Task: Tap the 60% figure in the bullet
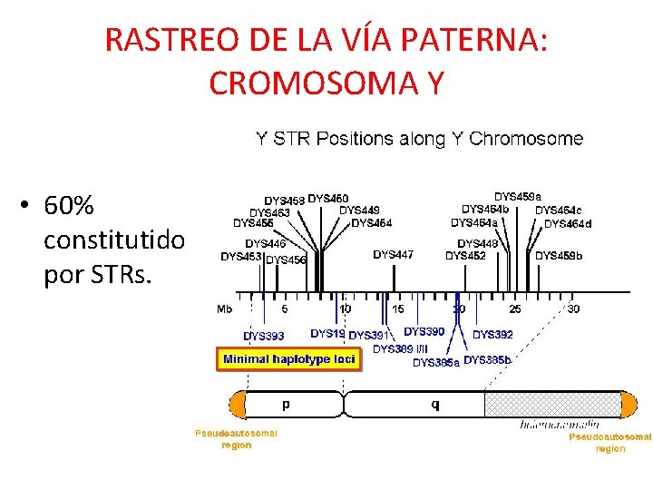[69, 207]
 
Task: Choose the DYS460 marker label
[328, 199]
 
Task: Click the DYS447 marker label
[393, 255]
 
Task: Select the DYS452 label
[465, 256]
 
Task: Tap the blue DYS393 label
[263, 336]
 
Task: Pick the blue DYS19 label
[327, 334]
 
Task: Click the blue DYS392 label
[492, 335]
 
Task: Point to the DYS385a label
[435, 362]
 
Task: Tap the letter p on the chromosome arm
[288, 404]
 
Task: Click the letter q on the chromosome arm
[434, 404]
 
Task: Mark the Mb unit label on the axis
[224, 309]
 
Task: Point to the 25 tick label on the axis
[515, 309]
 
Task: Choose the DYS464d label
[568, 224]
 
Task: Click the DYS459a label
[518, 196]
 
